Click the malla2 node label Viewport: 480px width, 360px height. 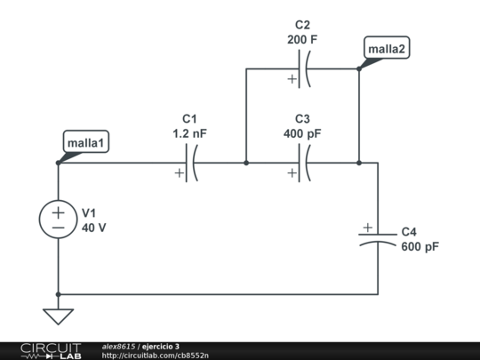point(387,49)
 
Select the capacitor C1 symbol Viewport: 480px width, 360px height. point(190,164)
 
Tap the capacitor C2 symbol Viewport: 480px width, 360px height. point(303,68)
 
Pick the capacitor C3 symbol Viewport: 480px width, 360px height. point(303,164)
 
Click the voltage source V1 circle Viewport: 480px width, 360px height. point(59,220)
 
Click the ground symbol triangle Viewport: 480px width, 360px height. point(59,316)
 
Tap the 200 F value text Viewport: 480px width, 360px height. point(302,40)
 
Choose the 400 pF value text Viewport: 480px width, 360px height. point(302,133)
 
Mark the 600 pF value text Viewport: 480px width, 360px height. point(420,246)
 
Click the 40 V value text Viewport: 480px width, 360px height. point(94,228)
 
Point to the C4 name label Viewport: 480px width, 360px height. point(409,231)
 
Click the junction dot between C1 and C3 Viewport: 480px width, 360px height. point(246,164)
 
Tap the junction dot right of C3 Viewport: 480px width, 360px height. point(359,164)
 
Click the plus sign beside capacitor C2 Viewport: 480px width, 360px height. point(292,80)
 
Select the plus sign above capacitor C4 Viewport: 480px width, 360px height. point(367,228)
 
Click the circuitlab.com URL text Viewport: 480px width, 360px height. point(156,356)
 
